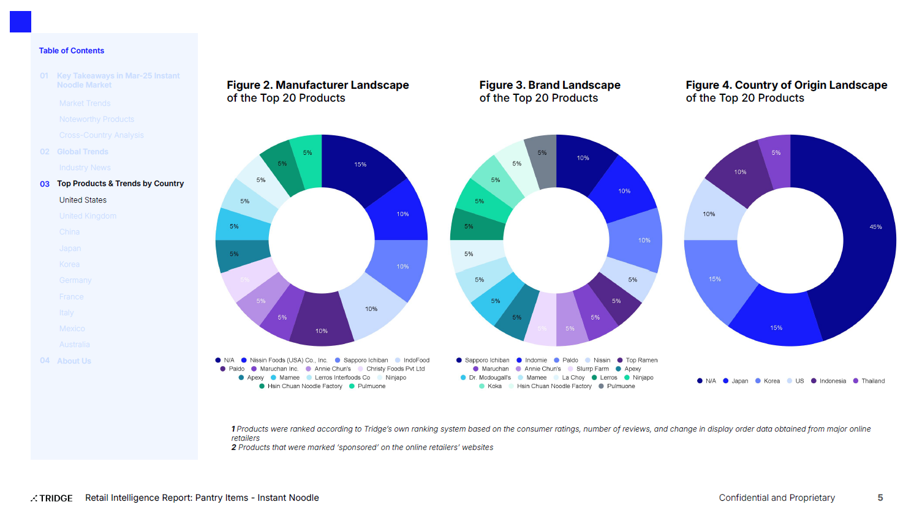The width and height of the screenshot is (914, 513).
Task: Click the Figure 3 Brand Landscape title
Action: click(550, 91)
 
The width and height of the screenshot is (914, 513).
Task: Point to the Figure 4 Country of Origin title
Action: click(786, 91)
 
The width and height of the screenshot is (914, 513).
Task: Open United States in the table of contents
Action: click(83, 200)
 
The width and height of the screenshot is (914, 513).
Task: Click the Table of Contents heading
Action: click(71, 51)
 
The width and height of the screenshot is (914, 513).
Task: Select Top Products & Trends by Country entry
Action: click(120, 184)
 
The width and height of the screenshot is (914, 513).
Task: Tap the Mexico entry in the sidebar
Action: click(72, 329)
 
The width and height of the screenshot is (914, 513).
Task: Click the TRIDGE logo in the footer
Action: click(52, 498)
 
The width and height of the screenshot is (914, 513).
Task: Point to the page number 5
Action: click(880, 498)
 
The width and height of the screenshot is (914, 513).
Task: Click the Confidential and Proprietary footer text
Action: click(776, 498)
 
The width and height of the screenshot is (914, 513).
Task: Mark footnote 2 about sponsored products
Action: click(362, 447)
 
